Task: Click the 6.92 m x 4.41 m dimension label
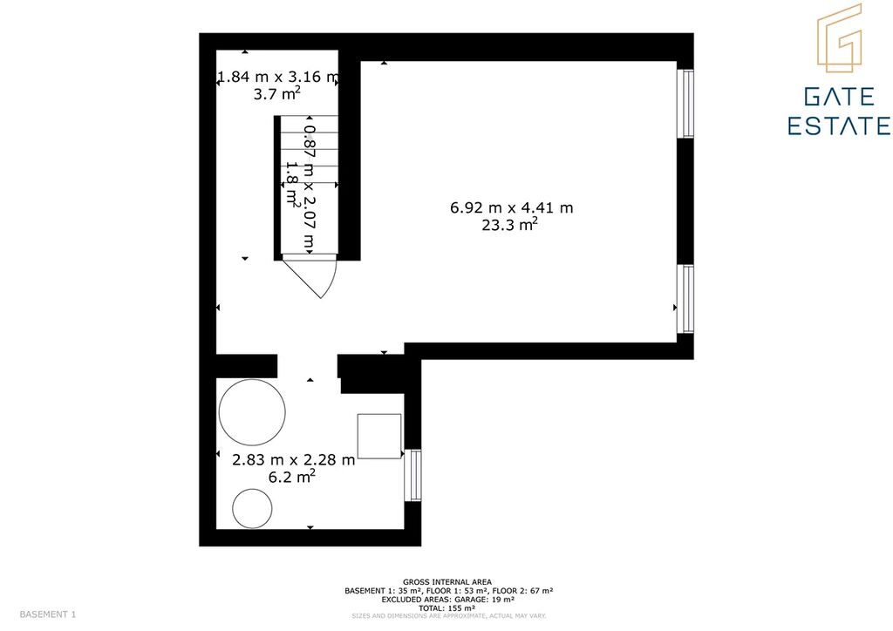click(511, 207)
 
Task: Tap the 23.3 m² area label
click(509, 225)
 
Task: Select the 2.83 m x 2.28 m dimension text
click(293, 459)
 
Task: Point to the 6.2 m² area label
click(291, 477)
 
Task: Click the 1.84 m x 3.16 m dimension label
click(278, 77)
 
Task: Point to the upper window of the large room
click(688, 104)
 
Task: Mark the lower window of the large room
click(688, 299)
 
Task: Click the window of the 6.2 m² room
click(412, 475)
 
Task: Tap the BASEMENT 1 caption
click(48, 614)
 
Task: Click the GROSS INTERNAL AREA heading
click(447, 582)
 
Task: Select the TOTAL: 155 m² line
click(447, 608)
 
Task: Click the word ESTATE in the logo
click(840, 126)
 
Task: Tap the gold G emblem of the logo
click(840, 38)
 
